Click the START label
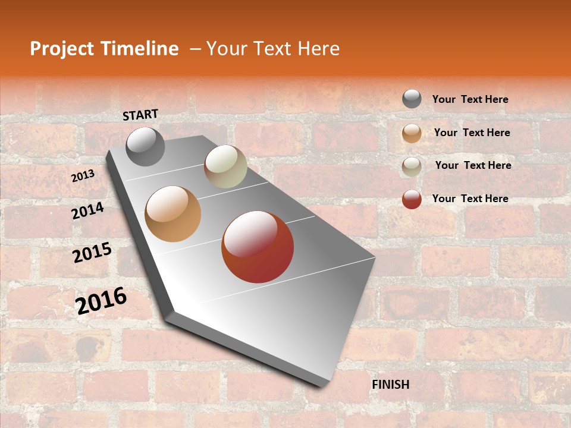[x=140, y=115]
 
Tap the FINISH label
[x=391, y=385]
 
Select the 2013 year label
[x=83, y=176]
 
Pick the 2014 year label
[x=87, y=210]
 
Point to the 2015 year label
[x=92, y=253]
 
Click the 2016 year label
[x=101, y=301]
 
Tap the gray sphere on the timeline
[x=145, y=146]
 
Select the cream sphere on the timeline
[x=225, y=166]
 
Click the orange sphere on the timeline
[x=173, y=214]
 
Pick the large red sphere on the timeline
[x=258, y=247]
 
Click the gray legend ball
[x=412, y=99]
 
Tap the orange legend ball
[x=412, y=133]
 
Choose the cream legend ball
[x=412, y=166]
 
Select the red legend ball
[x=412, y=199]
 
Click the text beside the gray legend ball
[x=470, y=99]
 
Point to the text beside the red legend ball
[x=470, y=199]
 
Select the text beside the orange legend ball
[x=472, y=133]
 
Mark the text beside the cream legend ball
[x=473, y=165]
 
